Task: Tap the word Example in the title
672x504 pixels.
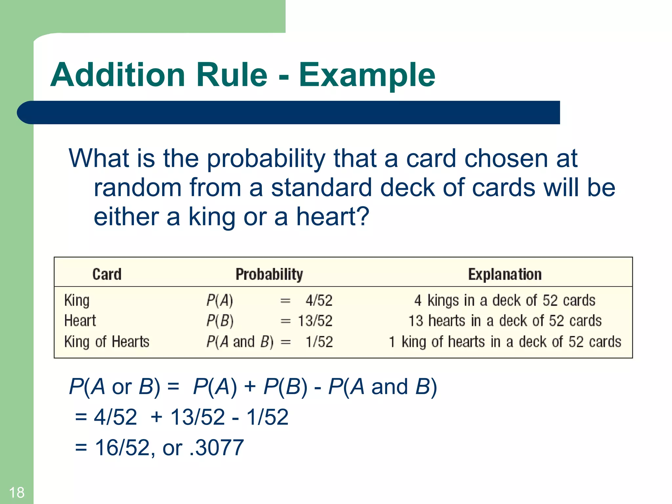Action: click(367, 75)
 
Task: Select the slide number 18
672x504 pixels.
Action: click(16, 493)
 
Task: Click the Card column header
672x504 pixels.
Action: click(107, 274)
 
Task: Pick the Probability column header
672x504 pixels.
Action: click(269, 274)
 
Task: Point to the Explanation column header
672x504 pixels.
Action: click(505, 274)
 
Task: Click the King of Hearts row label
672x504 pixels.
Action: click(107, 342)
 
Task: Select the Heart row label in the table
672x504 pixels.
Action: click(80, 321)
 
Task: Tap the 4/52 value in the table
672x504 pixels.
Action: click(319, 301)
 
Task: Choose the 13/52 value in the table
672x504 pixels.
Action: click(315, 321)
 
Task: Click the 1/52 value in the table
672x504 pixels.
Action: click(319, 342)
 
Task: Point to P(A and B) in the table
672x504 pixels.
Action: click(240, 342)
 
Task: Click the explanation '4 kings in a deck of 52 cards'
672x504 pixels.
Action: click(505, 301)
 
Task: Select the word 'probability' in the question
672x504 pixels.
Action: click(266, 159)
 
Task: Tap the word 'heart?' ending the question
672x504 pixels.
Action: click(333, 217)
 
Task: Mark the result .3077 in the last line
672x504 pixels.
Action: click(217, 448)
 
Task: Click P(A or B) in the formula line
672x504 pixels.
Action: click(115, 387)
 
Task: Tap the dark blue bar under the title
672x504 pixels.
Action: click(289, 113)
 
